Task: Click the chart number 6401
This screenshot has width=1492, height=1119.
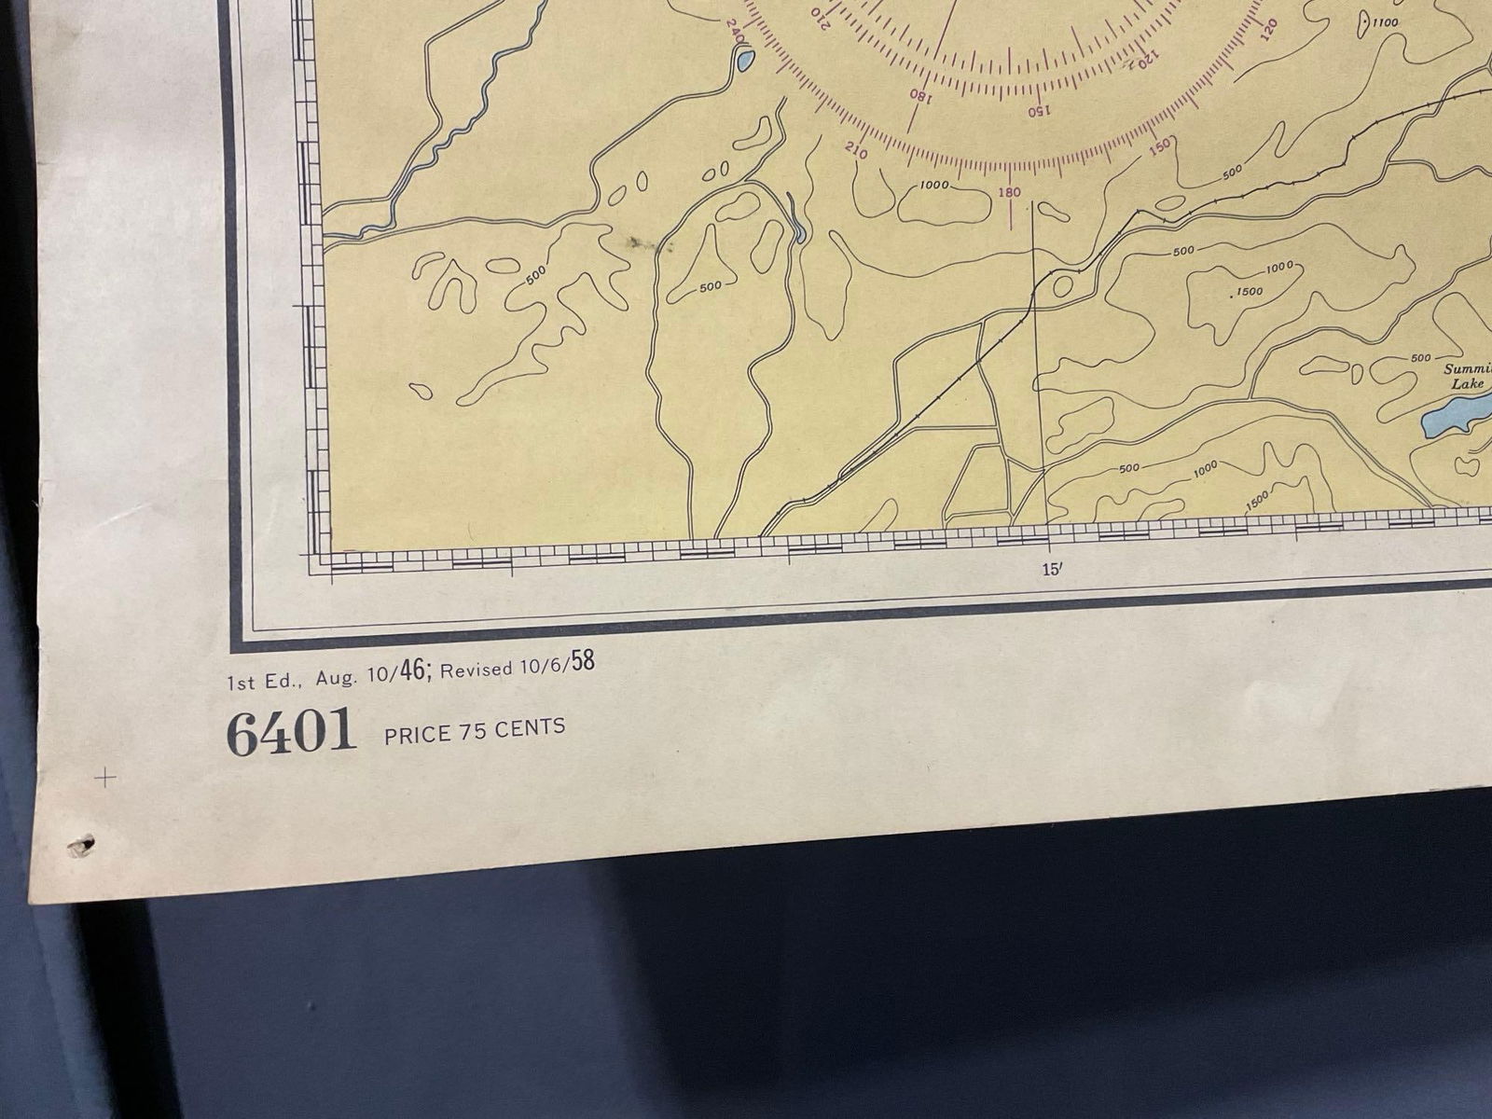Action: point(292,732)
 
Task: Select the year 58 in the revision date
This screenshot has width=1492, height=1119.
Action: point(582,661)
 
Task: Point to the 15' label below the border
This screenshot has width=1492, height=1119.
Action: point(1052,570)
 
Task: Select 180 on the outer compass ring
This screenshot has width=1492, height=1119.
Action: point(1009,193)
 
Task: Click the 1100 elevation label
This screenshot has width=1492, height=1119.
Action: point(1386,22)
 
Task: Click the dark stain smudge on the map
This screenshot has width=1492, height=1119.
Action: point(643,244)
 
